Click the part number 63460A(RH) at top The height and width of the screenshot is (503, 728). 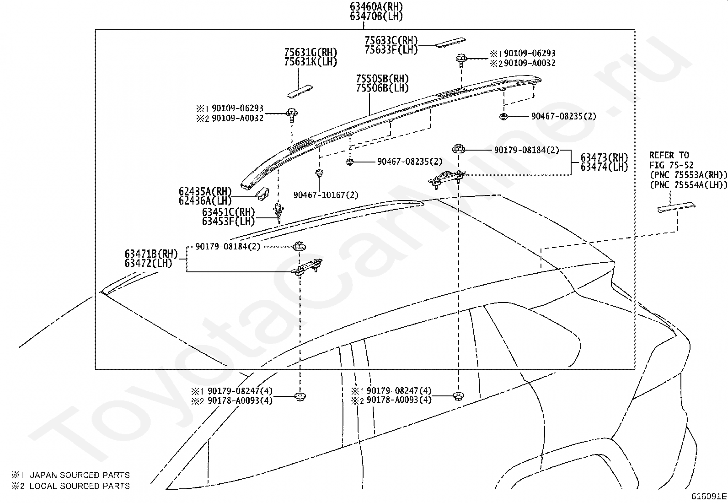(376, 6)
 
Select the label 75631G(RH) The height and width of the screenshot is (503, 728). (310, 52)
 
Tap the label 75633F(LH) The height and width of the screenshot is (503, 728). (391, 50)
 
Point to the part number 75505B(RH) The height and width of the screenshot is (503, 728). (382, 79)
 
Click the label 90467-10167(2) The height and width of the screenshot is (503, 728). (326, 195)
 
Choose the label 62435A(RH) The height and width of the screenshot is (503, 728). (205, 191)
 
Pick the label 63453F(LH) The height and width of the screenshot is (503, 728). (229, 222)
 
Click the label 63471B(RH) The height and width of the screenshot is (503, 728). (151, 254)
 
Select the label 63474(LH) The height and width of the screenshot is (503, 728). (604, 167)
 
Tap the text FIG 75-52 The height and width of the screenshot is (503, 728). (671, 165)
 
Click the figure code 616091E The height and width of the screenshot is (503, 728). (709, 496)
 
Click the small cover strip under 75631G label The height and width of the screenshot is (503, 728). (300, 91)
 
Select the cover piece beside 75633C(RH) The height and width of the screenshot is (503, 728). (450, 43)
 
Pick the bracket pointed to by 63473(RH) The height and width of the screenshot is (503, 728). (447, 179)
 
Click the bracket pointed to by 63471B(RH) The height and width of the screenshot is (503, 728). (306, 268)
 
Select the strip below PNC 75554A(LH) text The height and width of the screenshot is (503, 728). (676, 207)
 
